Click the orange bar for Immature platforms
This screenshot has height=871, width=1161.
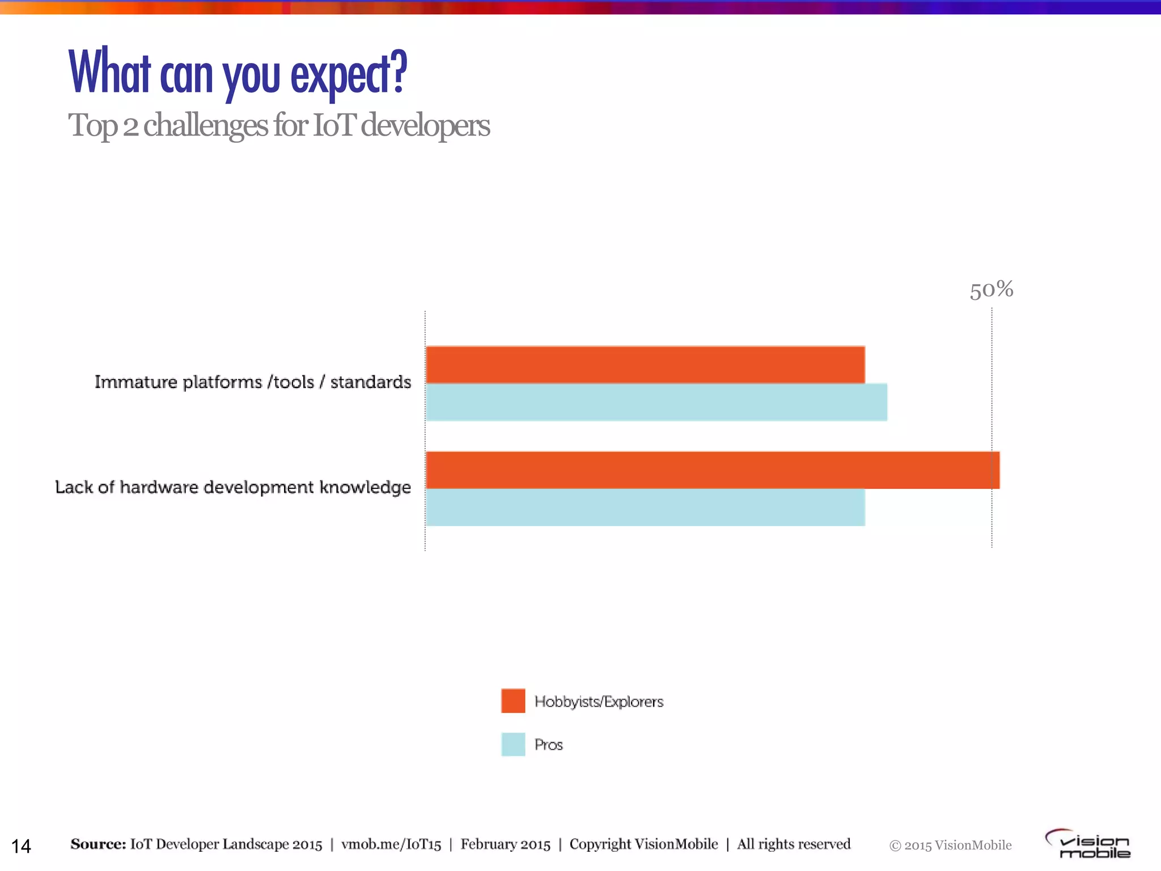(x=645, y=365)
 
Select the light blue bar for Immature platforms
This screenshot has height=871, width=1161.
(x=656, y=402)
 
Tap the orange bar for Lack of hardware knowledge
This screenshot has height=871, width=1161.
(x=713, y=470)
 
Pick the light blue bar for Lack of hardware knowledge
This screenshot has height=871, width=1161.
(x=645, y=508)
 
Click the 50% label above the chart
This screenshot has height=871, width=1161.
(x=991, y=290)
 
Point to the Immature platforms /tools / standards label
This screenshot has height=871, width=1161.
(x=253, y=382)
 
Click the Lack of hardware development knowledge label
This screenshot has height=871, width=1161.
(x=233, y=487)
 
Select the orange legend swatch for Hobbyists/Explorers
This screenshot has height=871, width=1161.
(x=513, y=701)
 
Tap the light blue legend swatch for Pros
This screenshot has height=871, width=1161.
(x=513, y=745)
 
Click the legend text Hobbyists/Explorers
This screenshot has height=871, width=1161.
(x=599, y=702)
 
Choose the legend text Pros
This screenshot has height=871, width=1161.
(x=549, y=745)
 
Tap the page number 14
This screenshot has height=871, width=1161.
(x=21, y=846)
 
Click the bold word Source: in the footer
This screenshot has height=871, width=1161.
(x=98, y=844)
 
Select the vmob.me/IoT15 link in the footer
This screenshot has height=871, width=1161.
(x=391, y=844)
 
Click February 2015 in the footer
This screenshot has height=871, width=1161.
(x=505, y=844)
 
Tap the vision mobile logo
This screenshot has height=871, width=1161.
(x=1088, y=844)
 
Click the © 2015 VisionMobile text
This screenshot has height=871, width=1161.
(x=950, y=845)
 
